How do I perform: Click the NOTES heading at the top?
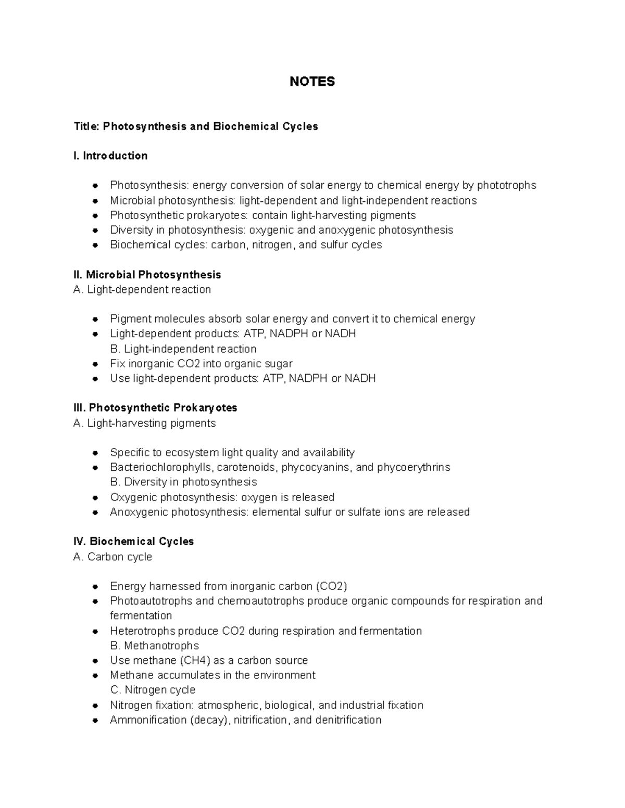[x=312, y=82]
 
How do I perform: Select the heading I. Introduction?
[x=110, y=156]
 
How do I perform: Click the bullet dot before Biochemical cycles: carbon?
[x=95, y=245]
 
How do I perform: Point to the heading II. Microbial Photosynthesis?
[x=147, y=275]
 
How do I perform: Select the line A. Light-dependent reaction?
[x=142, y=290]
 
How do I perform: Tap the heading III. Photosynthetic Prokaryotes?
[x=155, y=408]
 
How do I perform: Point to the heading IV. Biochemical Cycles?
[x=134, y=542]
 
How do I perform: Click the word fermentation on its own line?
[x=141, y=616]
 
